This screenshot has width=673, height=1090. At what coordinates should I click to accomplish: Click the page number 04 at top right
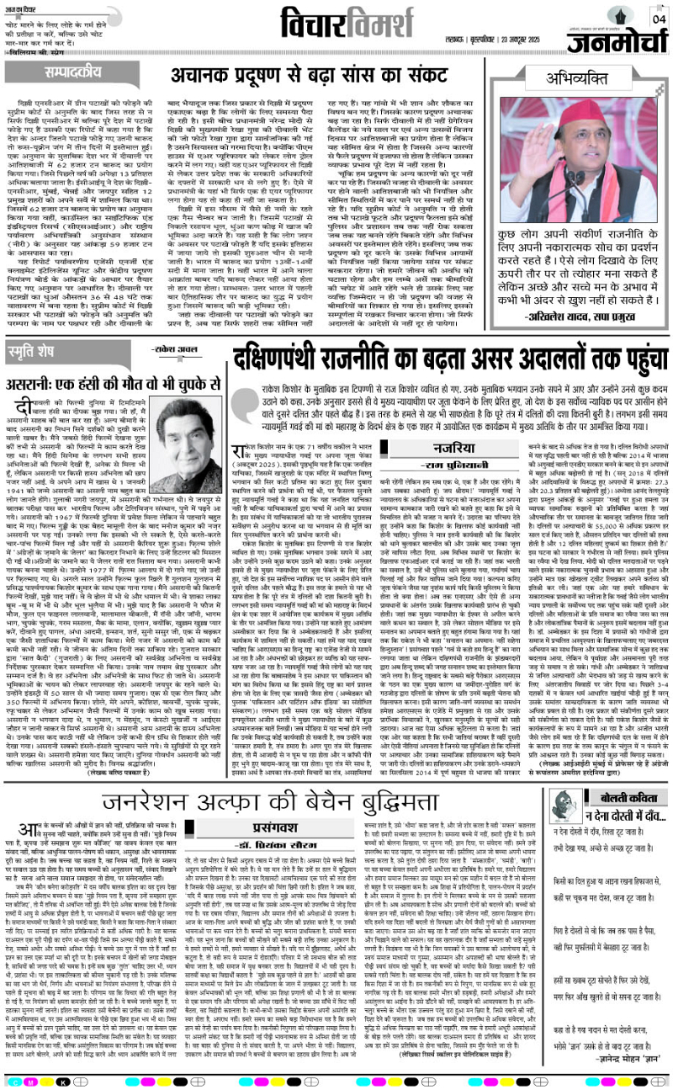click(x=655, y=19)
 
